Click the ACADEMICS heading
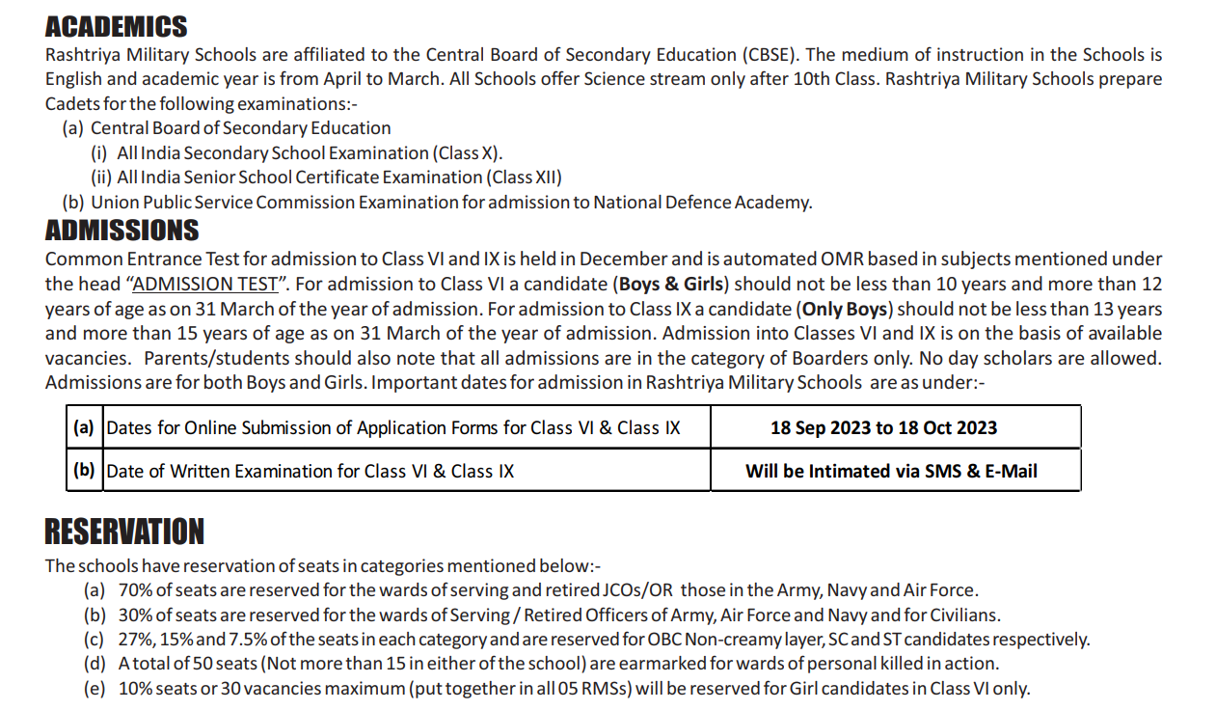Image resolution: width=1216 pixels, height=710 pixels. click(116, 27)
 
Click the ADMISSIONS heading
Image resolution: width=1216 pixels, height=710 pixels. click(122, 231)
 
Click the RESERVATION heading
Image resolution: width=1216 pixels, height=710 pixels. click(124, 532)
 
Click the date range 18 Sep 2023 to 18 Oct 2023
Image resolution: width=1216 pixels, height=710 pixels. click(883, 427)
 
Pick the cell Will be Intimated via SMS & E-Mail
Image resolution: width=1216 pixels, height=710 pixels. click(891, 471)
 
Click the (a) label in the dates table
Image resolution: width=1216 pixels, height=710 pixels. click(84, 426)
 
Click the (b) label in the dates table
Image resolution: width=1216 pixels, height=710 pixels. click(84, 471)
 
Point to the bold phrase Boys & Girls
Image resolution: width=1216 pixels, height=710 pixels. click(673, 285)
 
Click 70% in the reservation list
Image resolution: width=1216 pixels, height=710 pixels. click(134, 590)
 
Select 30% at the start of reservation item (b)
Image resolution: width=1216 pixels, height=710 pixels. click(134, 615)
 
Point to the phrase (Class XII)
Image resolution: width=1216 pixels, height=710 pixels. click(524, 177)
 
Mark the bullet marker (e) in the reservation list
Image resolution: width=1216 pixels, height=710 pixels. click(95, 689)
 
